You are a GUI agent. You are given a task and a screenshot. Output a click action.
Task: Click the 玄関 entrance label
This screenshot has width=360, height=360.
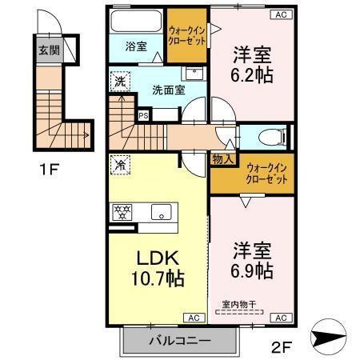click(x=48, y=50)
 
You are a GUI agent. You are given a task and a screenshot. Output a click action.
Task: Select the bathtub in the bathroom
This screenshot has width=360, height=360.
click(x=135, y=22)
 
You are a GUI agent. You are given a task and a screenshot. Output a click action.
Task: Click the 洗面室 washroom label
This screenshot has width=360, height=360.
click(x=169, y=90)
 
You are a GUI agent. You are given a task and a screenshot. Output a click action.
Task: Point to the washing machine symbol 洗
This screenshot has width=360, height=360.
click(x=119, y=80)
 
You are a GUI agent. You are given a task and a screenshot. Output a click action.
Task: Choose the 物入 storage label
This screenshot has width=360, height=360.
click(x=222, y=159)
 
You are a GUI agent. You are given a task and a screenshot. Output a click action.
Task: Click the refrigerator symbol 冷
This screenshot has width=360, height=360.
click(x=119, y=166)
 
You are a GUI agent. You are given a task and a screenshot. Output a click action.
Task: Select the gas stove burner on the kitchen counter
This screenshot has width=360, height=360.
click(x=124, y=213)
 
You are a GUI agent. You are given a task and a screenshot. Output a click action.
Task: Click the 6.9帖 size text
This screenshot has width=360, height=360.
click(x=252, y=270)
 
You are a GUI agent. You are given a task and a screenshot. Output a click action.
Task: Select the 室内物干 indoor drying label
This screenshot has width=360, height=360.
click(x=239, y=303)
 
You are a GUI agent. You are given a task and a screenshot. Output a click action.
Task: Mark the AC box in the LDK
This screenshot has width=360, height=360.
click(x=194, y=318)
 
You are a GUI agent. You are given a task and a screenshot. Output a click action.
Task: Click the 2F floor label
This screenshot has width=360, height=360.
click(x=282, y=348)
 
